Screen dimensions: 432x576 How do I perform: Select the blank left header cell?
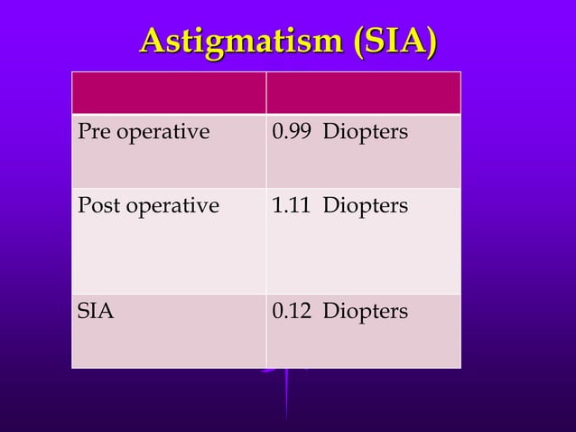(168, 92)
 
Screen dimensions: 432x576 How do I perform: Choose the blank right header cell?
(363, 92)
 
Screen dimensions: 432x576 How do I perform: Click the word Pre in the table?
(92, 133)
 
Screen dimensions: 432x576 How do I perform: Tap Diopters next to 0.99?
(366, 134)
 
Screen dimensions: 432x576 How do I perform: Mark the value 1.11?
(287, 206)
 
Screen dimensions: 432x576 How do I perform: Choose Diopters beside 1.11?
(366, 207)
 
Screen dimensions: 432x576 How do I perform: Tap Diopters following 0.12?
(366, 313)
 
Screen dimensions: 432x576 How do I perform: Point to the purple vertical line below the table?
(287, 398)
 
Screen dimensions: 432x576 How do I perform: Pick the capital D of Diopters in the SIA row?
(330, 312)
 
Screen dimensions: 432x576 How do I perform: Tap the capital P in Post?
(83, 206)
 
